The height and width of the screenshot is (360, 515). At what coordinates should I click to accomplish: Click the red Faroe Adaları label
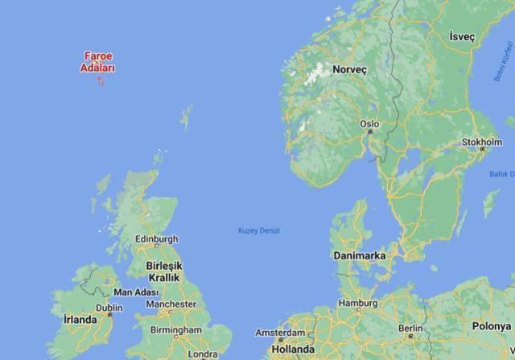(x=97, y=62)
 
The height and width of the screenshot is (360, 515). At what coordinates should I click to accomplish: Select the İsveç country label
(x=462, y=38)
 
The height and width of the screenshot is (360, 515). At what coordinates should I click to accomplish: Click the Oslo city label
(x=369, y=124)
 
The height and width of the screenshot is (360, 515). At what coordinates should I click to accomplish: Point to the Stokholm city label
(x=482, y=142)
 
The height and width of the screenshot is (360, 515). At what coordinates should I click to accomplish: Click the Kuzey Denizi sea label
(x=259, y=231)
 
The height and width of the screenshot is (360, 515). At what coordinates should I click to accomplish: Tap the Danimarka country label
(x=359, y=255)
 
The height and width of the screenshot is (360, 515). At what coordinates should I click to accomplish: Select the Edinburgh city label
(x=156, y=239)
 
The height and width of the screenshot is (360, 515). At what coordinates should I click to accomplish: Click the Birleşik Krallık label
(x=164, y=271)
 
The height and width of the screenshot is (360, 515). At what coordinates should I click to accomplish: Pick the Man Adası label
(x=136, y=292)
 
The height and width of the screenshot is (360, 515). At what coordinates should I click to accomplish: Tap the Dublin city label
(x=109, y=308)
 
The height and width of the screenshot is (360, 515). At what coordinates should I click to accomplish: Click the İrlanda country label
(x=80, y=320)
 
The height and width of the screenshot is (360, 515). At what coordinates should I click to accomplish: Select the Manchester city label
(x=171, y=304)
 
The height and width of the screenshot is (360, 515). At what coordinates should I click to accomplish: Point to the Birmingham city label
(x=175, y=330)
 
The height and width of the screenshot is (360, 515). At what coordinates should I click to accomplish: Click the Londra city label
(x=201, y=354)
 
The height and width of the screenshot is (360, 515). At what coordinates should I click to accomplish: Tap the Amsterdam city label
(x=280, y=333)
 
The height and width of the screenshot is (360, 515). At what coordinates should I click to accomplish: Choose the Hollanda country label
(x=293, y=350)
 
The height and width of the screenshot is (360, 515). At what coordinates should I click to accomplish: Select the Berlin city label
(x=410, y=329)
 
